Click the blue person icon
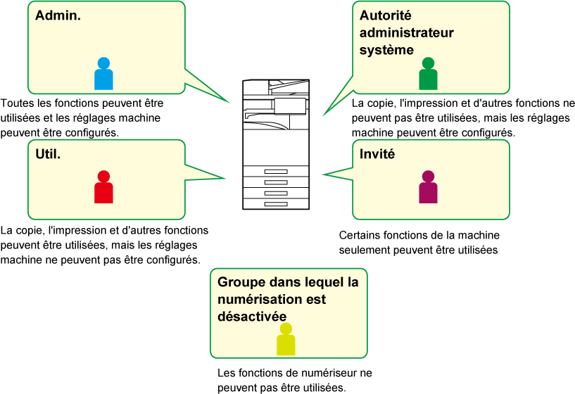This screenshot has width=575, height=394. point(103,73)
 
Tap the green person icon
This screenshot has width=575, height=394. point(428,73)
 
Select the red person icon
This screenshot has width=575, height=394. point(103,186)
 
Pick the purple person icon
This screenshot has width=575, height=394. point(428,186)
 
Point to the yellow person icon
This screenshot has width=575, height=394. point(286,339)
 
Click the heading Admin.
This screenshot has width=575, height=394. point(58,15)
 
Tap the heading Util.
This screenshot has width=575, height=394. point(48,154)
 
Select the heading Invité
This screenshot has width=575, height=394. point(377,154)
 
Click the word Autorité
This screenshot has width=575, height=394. point(386,15)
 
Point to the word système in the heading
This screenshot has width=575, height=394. point(386,50)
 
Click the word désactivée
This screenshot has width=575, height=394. point(252,316)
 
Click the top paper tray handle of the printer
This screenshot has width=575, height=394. point(276,171)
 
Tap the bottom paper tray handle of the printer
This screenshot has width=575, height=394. point(276,204)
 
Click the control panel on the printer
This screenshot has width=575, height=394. point(290,106)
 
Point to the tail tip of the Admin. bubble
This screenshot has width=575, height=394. point(229,102)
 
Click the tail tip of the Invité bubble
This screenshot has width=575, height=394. point(323,174)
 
